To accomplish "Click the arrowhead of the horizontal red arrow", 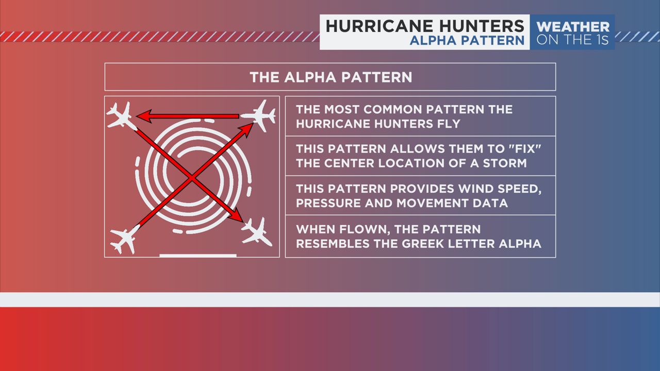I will point(144,116).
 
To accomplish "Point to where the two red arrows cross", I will point(191,178).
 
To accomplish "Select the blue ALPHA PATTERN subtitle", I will point(467,41).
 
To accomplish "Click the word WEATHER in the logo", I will point(572,26).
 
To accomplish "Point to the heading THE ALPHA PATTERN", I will point(331,77).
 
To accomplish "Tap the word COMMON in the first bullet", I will point(395,110).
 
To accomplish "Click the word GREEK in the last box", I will point(432,243).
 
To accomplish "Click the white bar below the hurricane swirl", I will point(198,255).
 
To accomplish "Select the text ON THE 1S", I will point(572,40).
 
